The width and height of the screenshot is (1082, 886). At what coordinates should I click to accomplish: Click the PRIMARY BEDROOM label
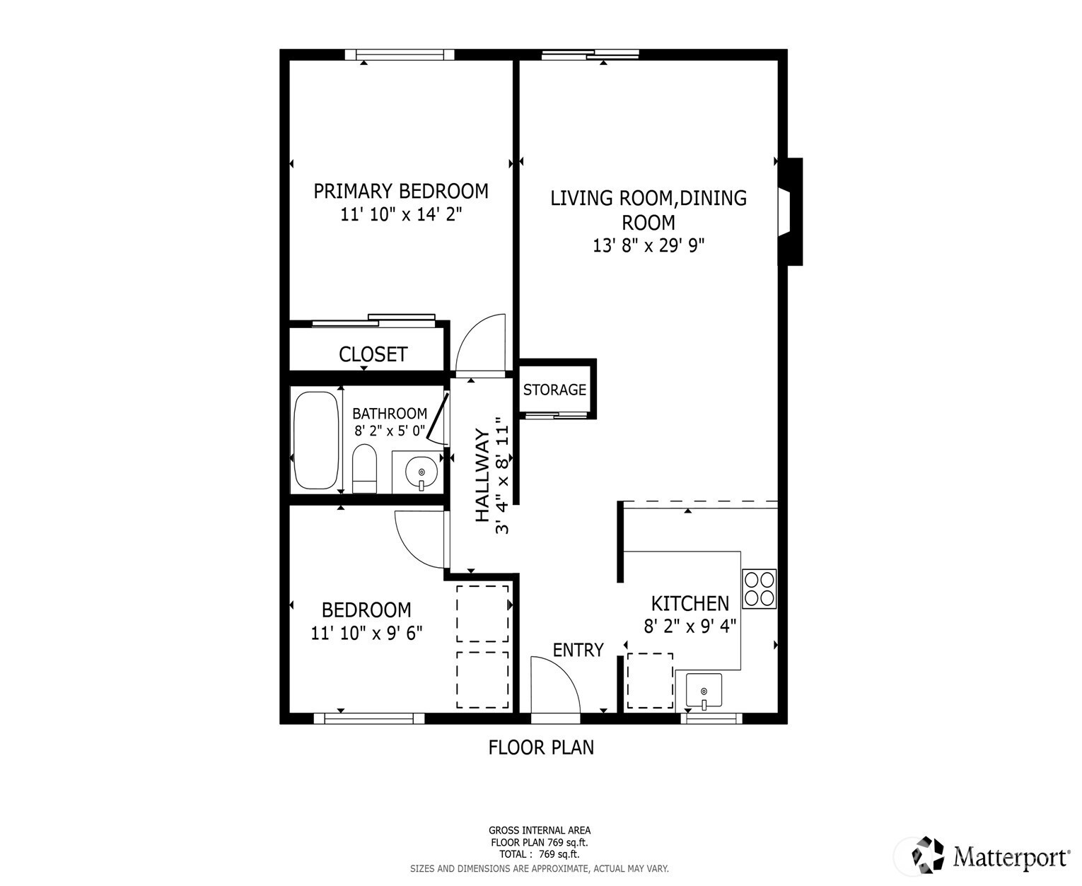point(401,192)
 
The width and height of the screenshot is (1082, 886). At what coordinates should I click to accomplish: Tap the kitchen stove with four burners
point(759,589)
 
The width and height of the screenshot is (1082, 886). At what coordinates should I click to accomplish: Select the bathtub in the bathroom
point(316,441)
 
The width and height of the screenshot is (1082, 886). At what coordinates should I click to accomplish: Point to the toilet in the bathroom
point(365,468)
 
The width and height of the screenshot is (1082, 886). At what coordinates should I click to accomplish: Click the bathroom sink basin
point(421,472)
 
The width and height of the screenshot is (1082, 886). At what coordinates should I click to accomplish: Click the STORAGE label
point(554,390)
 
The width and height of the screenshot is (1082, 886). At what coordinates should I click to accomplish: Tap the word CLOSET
point(373,354)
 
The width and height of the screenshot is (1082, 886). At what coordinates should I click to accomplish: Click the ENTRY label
point(578,650)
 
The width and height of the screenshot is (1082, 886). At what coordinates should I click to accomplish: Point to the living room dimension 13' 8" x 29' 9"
point(648,246)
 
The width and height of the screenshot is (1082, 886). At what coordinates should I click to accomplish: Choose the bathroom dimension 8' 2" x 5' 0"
point(390,431)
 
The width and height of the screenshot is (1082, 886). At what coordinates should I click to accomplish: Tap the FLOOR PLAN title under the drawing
point(541,747)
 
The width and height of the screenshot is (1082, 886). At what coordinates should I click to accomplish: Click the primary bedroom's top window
point(400,55)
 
